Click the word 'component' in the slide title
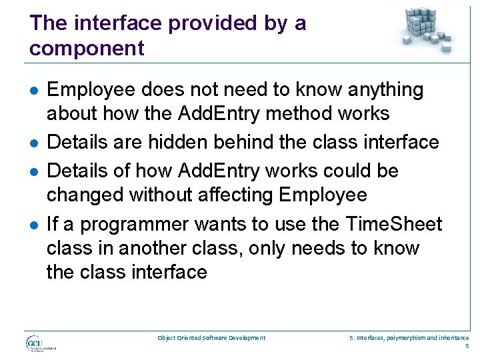pyautogui.click(x=87, y=48)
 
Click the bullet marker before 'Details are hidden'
pyautogui.click(x=33, y=143)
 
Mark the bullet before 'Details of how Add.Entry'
pyautogui.click(x=33, y=172)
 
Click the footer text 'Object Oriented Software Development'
pyautogui.click(x=211, y=338)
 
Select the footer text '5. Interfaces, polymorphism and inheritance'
pyautogui.click(x=409, y=338)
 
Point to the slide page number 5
pyautogui.click(x=467, y=346)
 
